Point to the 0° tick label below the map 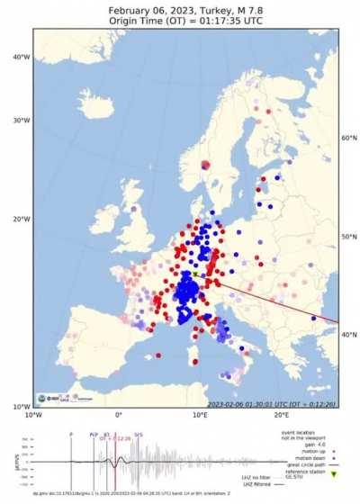click(118, 415)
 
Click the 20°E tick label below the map click(281, 415)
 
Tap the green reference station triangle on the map click(195, 274)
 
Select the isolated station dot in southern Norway click(205, 165)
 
